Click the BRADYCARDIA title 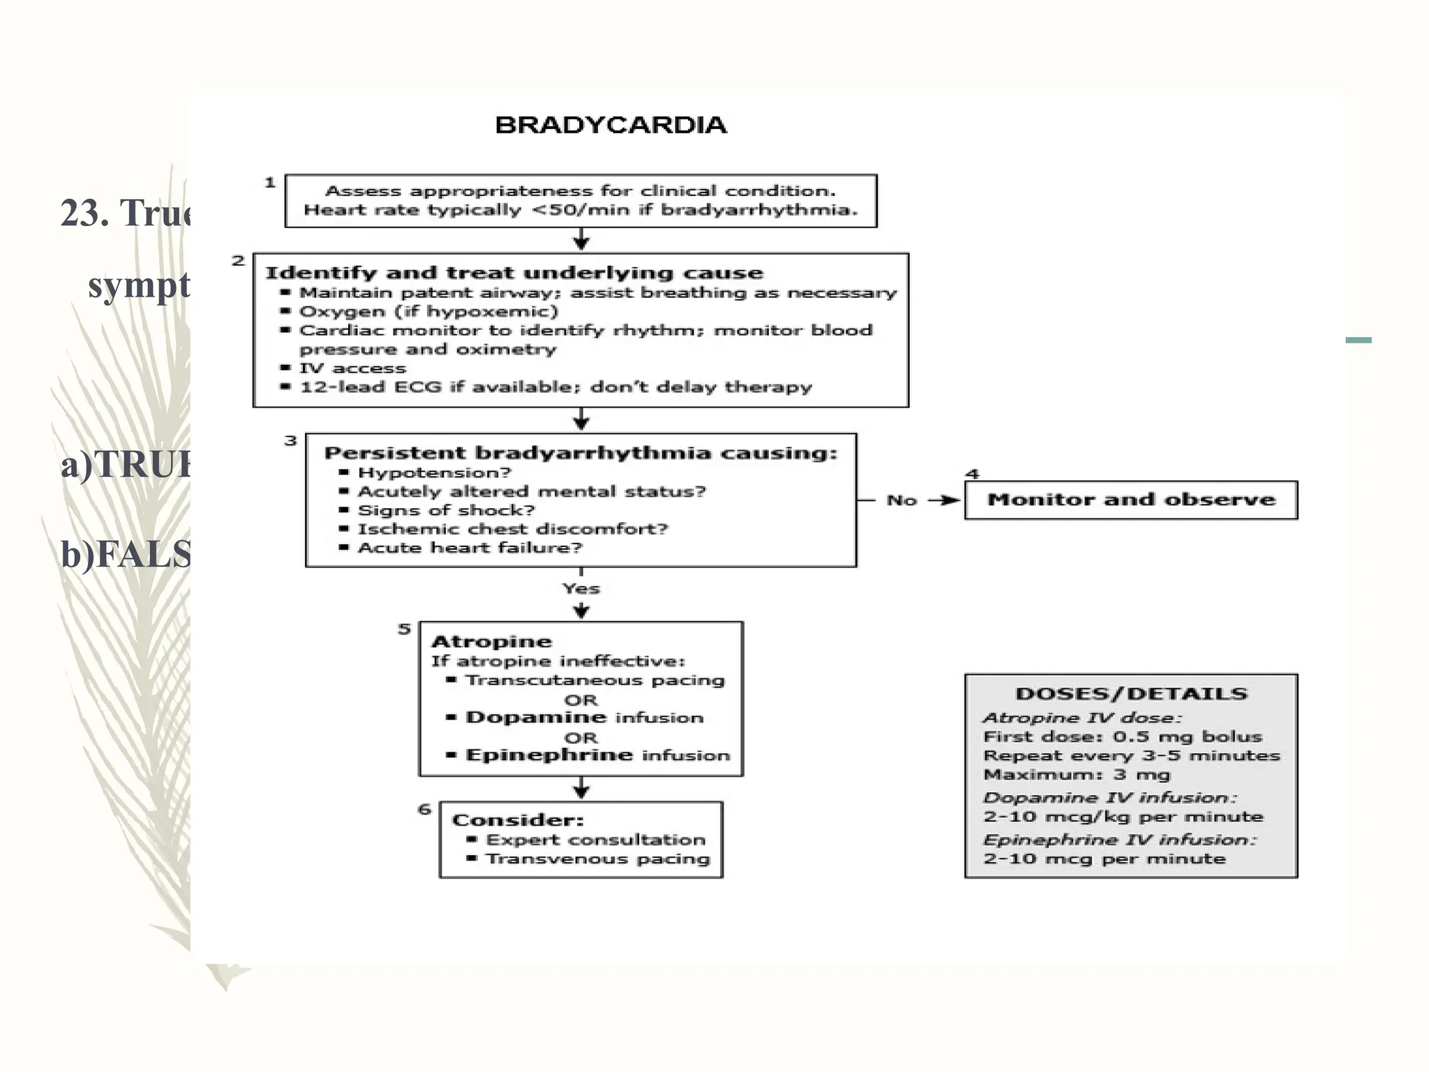[611, 125]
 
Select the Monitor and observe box [1130, 500]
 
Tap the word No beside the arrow [901, 500]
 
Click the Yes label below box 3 [581, 588]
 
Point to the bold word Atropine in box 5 [491, 641]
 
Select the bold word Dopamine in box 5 [536, 717]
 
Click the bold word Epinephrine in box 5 [549, 755]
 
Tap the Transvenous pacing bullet [597, 858]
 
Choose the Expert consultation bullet [594, 840]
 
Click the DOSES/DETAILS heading [1130, 694]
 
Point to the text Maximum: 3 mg [1076, 775]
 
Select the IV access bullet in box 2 [352, 368]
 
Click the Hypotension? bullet [434, 472]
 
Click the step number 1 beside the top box [270, 183]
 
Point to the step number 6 [424, 810]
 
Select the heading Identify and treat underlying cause [514, 273]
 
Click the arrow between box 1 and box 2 [581, 241]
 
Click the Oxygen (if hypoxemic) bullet [428, 311]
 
